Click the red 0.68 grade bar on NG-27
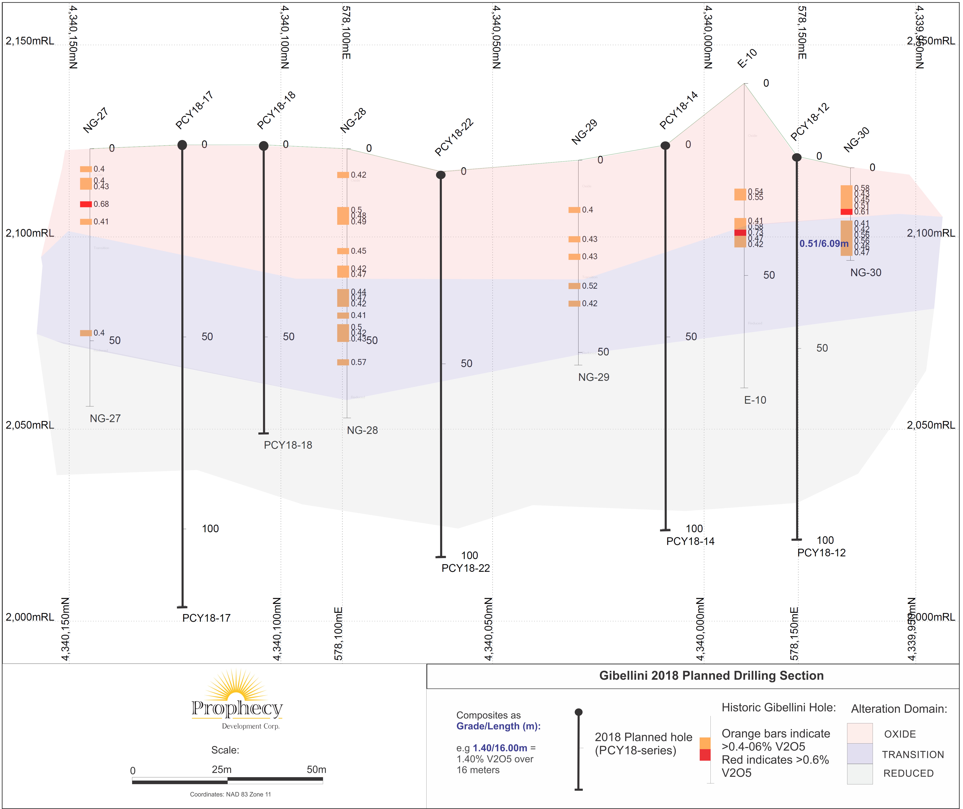(x=86, y=204)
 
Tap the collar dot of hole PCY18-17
(x=182, y=145)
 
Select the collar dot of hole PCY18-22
(x=441, y=175)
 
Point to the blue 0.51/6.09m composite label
(x=824, y=244)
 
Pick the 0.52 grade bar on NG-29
(x=574, y=286)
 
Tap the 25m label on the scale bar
(x=221, y=770)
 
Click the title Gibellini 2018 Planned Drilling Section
(x=711, y=676)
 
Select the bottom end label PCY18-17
(x=206, y=618)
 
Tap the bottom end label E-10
(x=755, y=400)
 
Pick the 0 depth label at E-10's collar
(x=766, y=83)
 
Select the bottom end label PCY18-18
(x=288, y=445)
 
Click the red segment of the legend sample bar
(x=705, y=755)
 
